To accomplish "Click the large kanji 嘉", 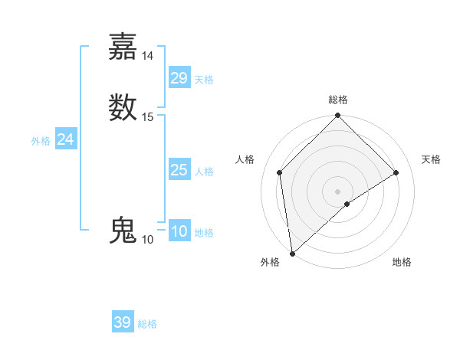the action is tap(123, 46).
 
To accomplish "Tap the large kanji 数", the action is tap(123, 106).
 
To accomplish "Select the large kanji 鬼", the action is tap(123, 231).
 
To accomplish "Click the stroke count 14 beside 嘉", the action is tap(148, 55).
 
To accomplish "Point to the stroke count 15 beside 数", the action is tap(148, 116).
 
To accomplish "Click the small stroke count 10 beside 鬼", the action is tap(148, 240).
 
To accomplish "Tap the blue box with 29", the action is tap(179, 78).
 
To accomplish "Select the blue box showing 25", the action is tap(179, 170).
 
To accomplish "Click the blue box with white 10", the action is tap(179, 231).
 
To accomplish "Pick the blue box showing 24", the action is tap(66, 139).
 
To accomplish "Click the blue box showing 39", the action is tap(123, 322).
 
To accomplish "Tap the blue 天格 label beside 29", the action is tap(204, 80).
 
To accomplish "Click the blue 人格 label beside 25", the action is tap(204, 172).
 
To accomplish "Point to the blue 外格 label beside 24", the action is tap(41, 141).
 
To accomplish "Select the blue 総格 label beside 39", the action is tap(147, 324).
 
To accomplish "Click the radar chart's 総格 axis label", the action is tap(337, 100).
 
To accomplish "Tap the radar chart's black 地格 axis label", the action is tap(402, 263).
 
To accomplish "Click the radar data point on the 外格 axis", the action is tap(292, 254).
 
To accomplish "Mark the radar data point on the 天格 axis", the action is tap(396, 172).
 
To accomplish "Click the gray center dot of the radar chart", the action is tap(337, 191).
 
